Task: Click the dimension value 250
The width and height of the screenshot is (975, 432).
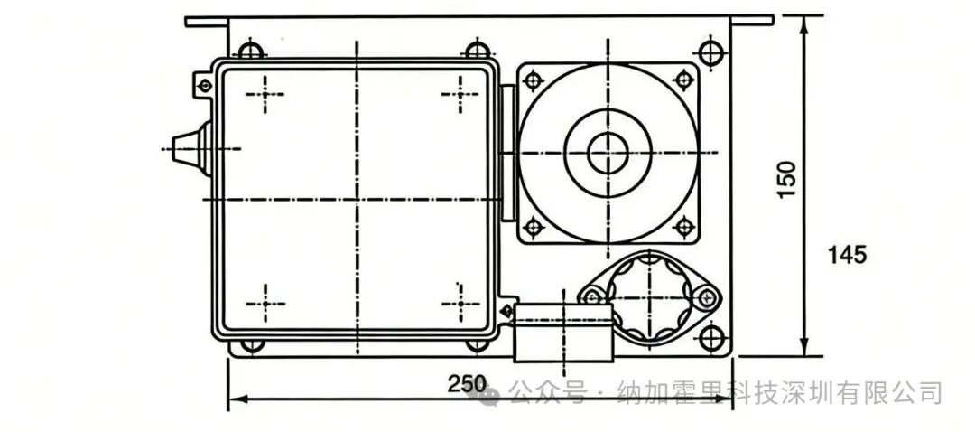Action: point(467,384)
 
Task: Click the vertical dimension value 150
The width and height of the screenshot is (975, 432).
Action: point(787,179)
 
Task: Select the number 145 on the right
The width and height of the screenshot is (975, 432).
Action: point(847,255)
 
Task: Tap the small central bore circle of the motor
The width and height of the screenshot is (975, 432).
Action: point(608,153)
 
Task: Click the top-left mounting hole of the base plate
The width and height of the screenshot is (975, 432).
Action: point(251,50)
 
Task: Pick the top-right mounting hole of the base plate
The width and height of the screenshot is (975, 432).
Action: point(710,52)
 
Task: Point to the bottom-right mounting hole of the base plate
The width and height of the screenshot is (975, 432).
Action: point(710,338)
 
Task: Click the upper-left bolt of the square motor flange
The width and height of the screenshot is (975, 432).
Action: point(533,80)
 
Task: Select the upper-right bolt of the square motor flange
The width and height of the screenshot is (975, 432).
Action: point(683,80)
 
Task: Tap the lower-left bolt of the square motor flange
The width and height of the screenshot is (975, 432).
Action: point(533,227)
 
